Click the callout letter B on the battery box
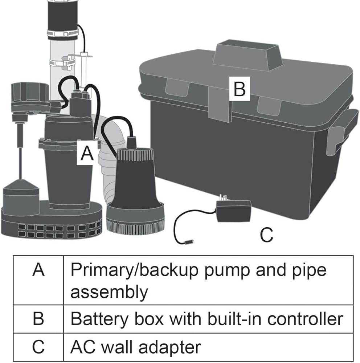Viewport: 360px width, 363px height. click(240, 88)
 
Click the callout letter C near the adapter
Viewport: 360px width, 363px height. click(266, 235)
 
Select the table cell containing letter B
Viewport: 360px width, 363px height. click(38, 318)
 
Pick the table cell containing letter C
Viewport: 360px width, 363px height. click(38, 347)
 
